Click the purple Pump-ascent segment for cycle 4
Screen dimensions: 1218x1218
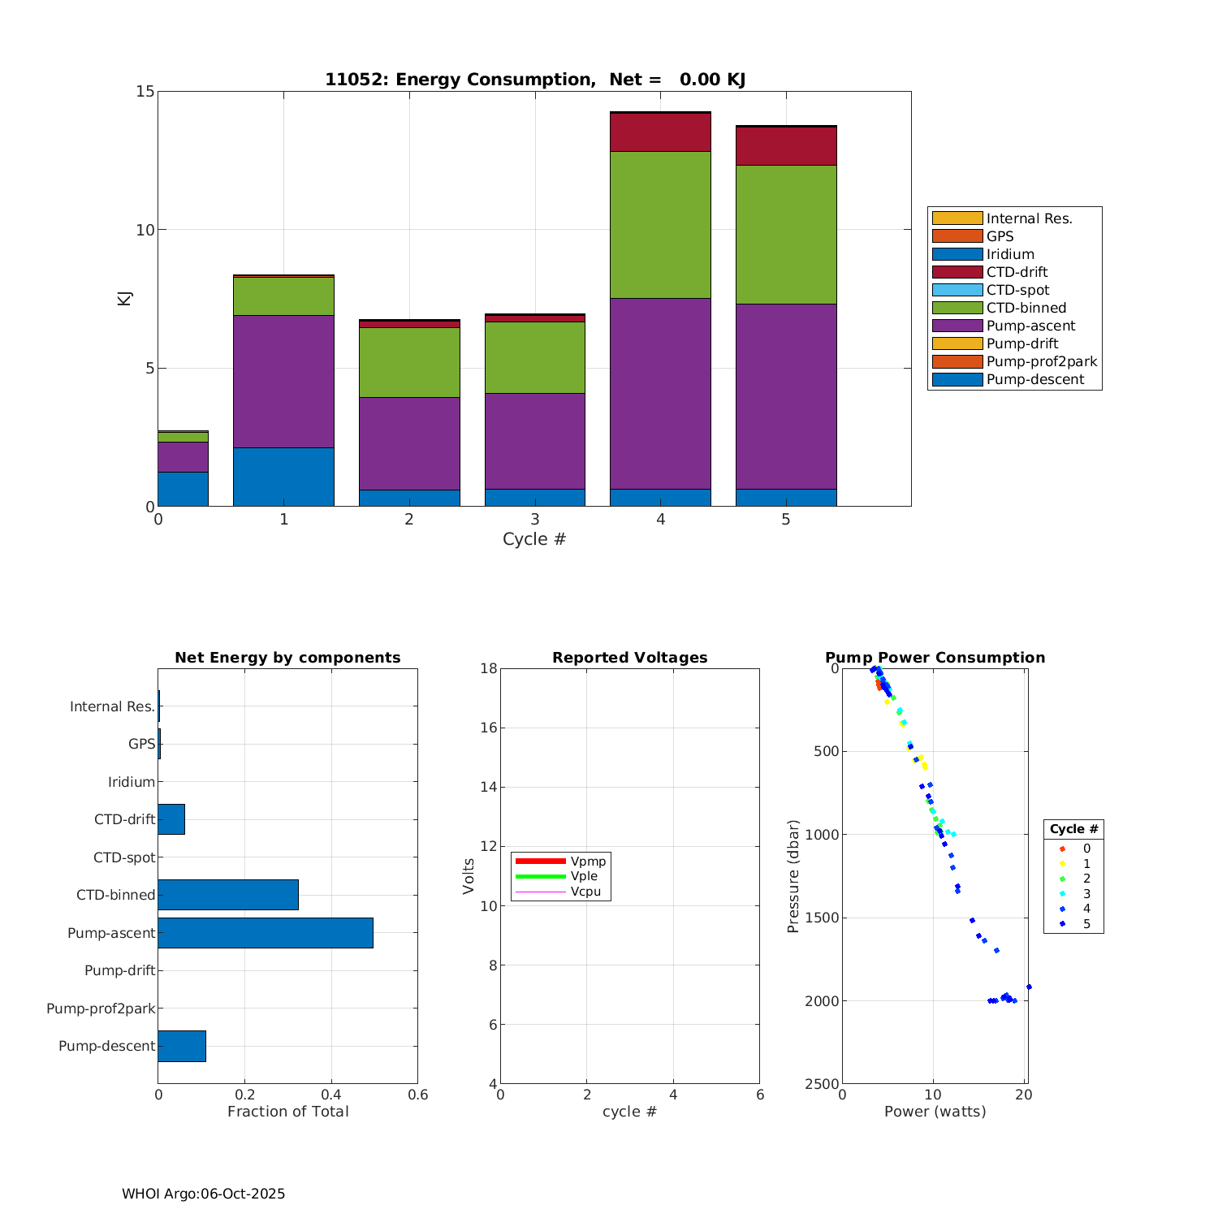tap(660, 393)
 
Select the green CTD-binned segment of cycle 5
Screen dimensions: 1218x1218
tap(786, 235)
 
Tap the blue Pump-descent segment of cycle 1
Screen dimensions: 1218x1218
tap(283, 477)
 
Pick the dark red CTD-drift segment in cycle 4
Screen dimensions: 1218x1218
tap(660, 132)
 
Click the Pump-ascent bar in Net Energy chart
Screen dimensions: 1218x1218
tap(266, 932)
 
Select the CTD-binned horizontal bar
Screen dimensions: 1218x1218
tap(228, 895)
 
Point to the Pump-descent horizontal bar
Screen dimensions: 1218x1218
tap(182, 1046)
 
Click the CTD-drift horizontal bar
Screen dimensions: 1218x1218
tap(171, 819)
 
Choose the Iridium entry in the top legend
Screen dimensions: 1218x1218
tap(1010, 254)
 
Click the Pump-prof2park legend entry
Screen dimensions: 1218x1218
tap(1041, 361)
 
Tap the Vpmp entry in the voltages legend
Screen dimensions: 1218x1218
tap(588, 861)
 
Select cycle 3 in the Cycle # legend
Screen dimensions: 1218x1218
tap(1086, 893)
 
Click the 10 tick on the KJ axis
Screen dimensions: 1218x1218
tap(145, 230)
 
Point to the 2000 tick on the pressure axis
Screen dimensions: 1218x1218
tap(821, 1001)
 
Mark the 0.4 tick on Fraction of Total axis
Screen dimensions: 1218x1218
tap(331, 1095)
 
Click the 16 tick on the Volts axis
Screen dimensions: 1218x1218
tap(487, 728)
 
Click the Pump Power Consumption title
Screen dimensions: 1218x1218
tap(935, 658)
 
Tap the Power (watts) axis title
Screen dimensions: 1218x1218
tap(935, 1112)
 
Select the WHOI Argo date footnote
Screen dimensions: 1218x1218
tap(203, 1194)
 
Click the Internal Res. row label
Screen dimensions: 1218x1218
tap(112, 706)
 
